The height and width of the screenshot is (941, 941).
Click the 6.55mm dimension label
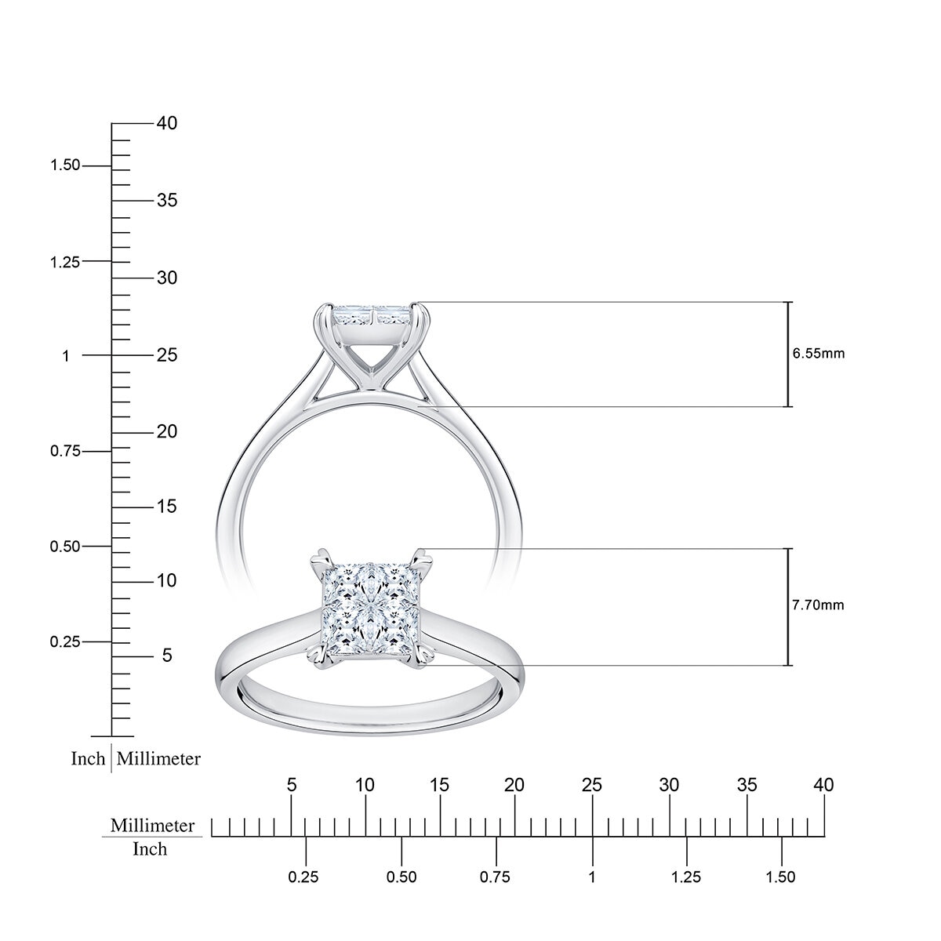click(819, 354)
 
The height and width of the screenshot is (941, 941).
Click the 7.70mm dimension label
click(819, 605)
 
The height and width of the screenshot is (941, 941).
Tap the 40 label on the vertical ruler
click(166, 123)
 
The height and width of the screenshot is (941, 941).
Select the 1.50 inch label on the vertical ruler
click(65, 165)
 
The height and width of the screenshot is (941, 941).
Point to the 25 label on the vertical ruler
click(166, 355)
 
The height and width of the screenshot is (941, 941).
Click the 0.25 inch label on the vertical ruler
click(65, 642)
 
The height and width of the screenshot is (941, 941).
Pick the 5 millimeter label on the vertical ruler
click(166, 656)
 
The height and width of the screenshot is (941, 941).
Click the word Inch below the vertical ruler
click(88, 759)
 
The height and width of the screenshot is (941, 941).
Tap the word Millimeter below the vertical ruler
click(159, 759)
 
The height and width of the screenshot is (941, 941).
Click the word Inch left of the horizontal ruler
click(150, 849)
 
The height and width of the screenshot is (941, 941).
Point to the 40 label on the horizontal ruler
click(823, 785)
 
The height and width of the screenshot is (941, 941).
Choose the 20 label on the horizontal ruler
click(514, 785)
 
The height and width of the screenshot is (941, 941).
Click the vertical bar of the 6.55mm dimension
click(789, 354)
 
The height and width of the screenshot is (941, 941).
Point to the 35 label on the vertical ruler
click(166, 201)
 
